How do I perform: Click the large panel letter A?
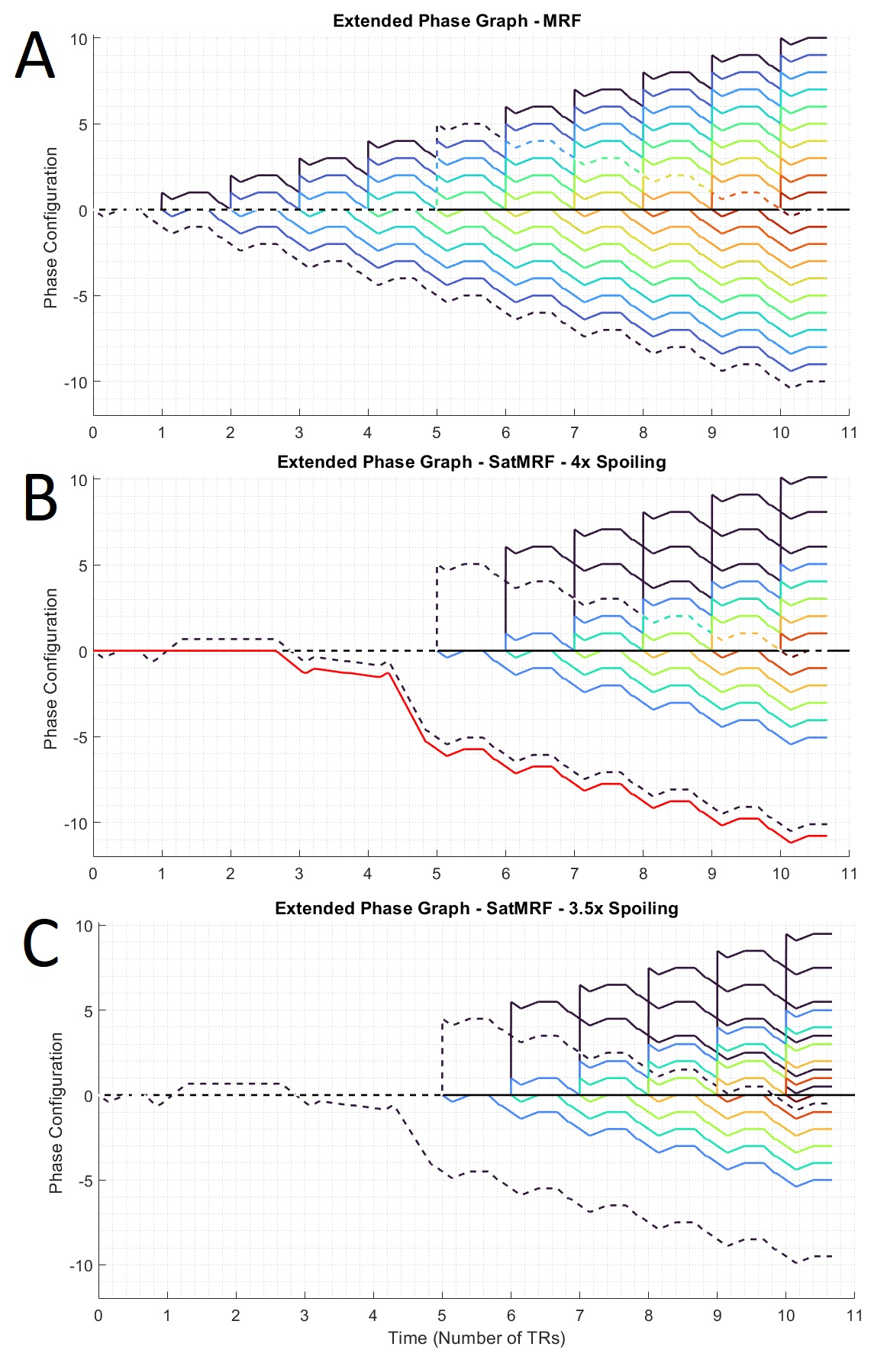click(x=35, y=55)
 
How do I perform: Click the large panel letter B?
click(x=40, y=498)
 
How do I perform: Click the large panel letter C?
click(x=40, y=943)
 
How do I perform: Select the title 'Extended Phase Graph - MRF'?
click(x=456, y=21)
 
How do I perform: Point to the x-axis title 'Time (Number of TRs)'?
click(x=476, y=1338)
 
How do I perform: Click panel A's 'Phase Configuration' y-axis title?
click(x=51, y=227)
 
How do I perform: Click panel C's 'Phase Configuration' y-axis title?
click(x=56, y=1113)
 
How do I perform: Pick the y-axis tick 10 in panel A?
click(x=79, y=39)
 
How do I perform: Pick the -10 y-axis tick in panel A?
click(x=76, y=382)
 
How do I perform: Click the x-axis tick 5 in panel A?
click(x=437, y=433)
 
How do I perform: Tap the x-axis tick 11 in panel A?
click(x=849, y=433)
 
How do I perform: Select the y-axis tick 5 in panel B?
click(x=83, y=565)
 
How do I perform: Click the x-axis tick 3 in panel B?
click(x=299, y=874)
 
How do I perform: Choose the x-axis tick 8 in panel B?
click(x=643, y=874)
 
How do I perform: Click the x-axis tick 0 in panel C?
click(x=98, y=1316)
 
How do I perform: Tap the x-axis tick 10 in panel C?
click(x=785, y=1316)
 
